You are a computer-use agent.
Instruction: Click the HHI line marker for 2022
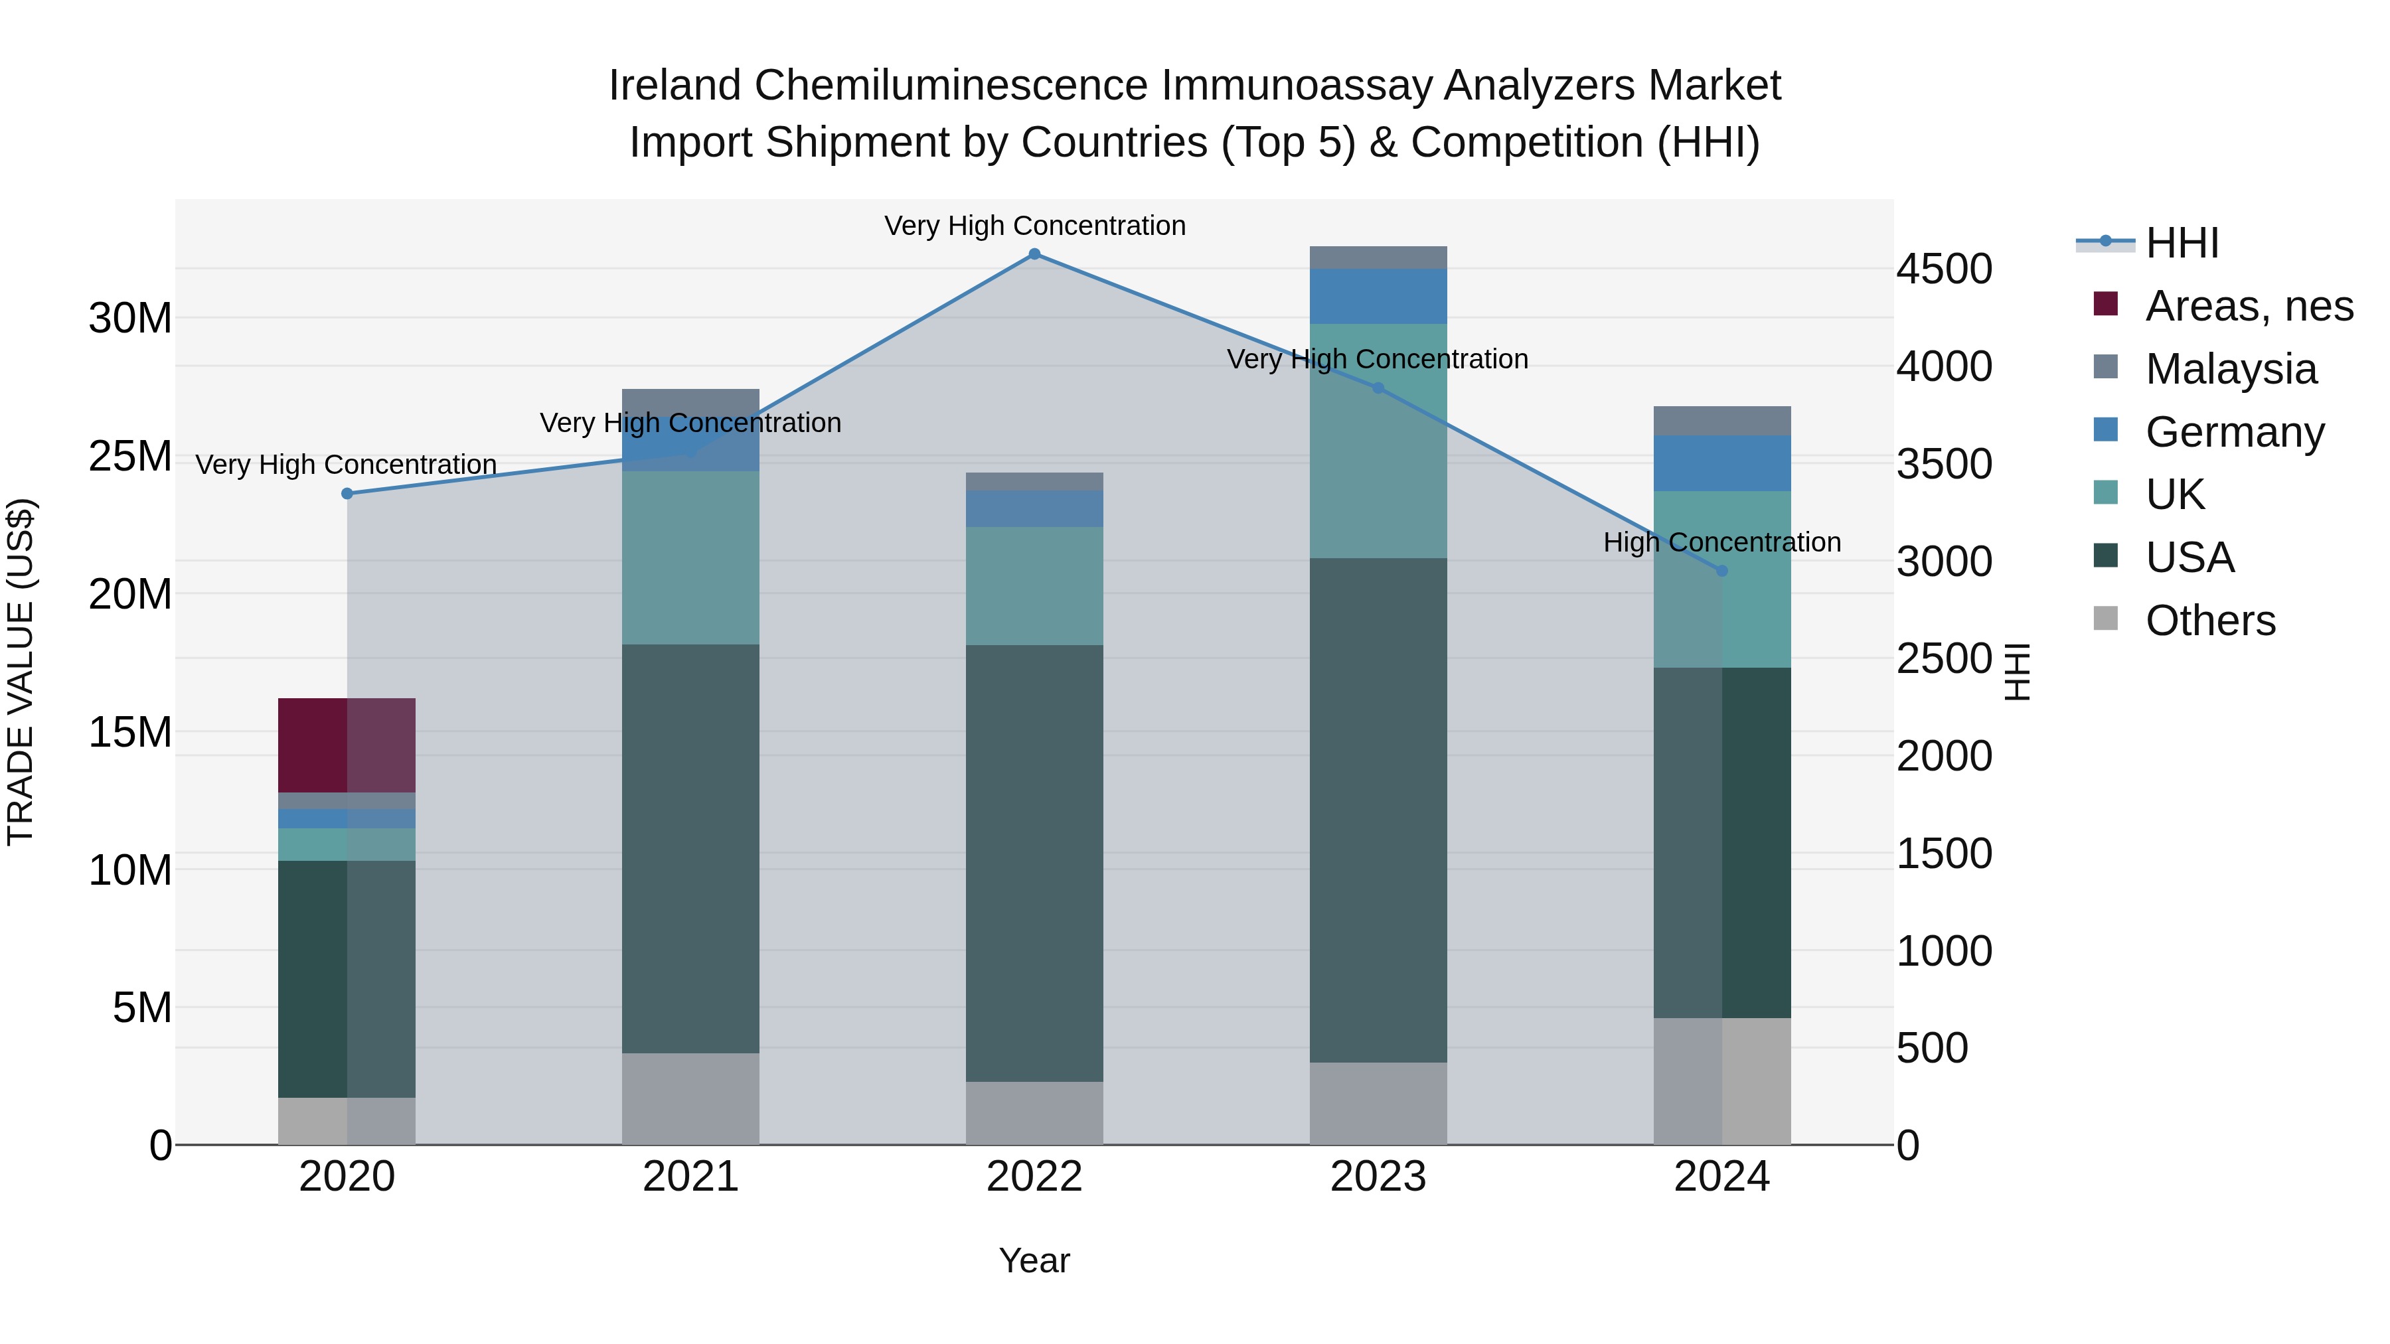pos(1034,254)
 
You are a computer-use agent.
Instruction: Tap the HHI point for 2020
pos(347,493)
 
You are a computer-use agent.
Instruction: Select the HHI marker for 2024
pos(1722,570)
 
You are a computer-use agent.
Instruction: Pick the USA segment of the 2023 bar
pos(1378,810)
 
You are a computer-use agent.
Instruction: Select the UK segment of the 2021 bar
pos(690,558)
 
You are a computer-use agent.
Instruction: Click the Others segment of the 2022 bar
pos(1034,1113)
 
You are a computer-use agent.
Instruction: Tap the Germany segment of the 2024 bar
pos(1722,463)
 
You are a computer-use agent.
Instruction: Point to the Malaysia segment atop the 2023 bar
pos(1378,258)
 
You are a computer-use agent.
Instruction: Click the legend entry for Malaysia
pos(2231,369)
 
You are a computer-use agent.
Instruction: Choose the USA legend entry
pos(2190,558)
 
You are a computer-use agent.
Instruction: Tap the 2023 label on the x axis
pos(1378,1177)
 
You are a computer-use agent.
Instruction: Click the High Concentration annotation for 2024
pos(1722,543)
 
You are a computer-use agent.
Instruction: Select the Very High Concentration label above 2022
pos(1034,226)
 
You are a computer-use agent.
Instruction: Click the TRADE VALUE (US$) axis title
pos(21,672)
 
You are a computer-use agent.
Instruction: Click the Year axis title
pos(1034,1260)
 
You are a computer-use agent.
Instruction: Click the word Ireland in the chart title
pos(675,86)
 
